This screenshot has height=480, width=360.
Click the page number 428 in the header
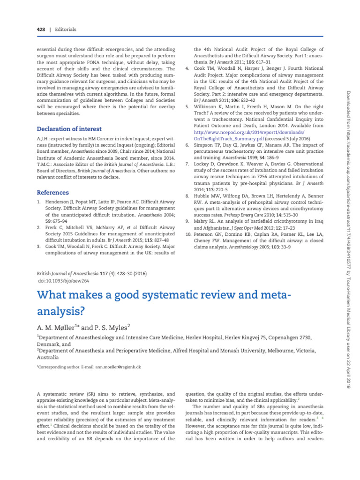(x=42, y=30)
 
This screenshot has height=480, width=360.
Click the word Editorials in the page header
(x=65, y=30)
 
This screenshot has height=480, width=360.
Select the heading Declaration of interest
(x=69, y=129)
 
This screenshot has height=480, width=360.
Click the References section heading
(x=52, y=193)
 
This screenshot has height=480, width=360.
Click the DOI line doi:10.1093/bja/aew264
(x=64, y=281)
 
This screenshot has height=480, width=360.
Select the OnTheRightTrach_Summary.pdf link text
(x=229, y=139)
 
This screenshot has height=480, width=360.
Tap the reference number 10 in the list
(x=188, y=233)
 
